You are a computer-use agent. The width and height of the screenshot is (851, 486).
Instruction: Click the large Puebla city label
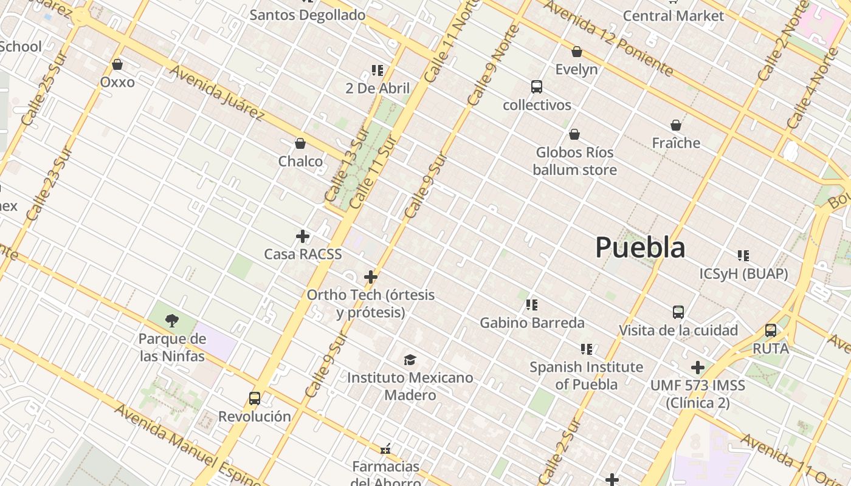[640, 247]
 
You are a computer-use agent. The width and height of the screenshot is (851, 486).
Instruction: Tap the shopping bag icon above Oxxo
[117, 64]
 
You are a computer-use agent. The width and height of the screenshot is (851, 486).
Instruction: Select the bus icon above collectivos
[536, 87]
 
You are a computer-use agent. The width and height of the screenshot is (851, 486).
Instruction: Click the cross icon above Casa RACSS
[303, 236]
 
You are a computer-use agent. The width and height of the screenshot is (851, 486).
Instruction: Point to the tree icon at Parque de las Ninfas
[172, 320]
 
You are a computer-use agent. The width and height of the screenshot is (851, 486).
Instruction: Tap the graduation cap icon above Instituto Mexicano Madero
[410, 360]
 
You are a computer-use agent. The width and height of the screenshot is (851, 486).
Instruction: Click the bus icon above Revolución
[255, 399]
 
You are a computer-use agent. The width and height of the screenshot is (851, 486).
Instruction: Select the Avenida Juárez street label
[217, 92]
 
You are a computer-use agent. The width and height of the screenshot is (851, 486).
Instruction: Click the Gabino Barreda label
[532, 323]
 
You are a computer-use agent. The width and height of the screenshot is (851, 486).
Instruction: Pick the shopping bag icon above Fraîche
[676, 125]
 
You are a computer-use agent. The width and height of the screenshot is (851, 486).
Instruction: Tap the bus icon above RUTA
[771, 330]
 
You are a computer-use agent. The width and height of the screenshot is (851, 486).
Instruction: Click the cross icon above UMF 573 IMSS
[698, 368]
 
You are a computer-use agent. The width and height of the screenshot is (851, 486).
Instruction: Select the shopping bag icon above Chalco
[300, 143]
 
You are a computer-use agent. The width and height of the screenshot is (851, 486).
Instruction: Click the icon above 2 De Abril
[377, 70]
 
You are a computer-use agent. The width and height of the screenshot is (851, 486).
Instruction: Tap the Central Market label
[674, 16]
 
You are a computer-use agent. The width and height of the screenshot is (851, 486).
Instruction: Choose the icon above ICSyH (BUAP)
[743, 256]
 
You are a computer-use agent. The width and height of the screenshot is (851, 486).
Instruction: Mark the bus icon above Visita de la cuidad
[678, 312]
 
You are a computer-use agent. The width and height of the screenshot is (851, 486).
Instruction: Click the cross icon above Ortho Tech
[371, 278]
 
